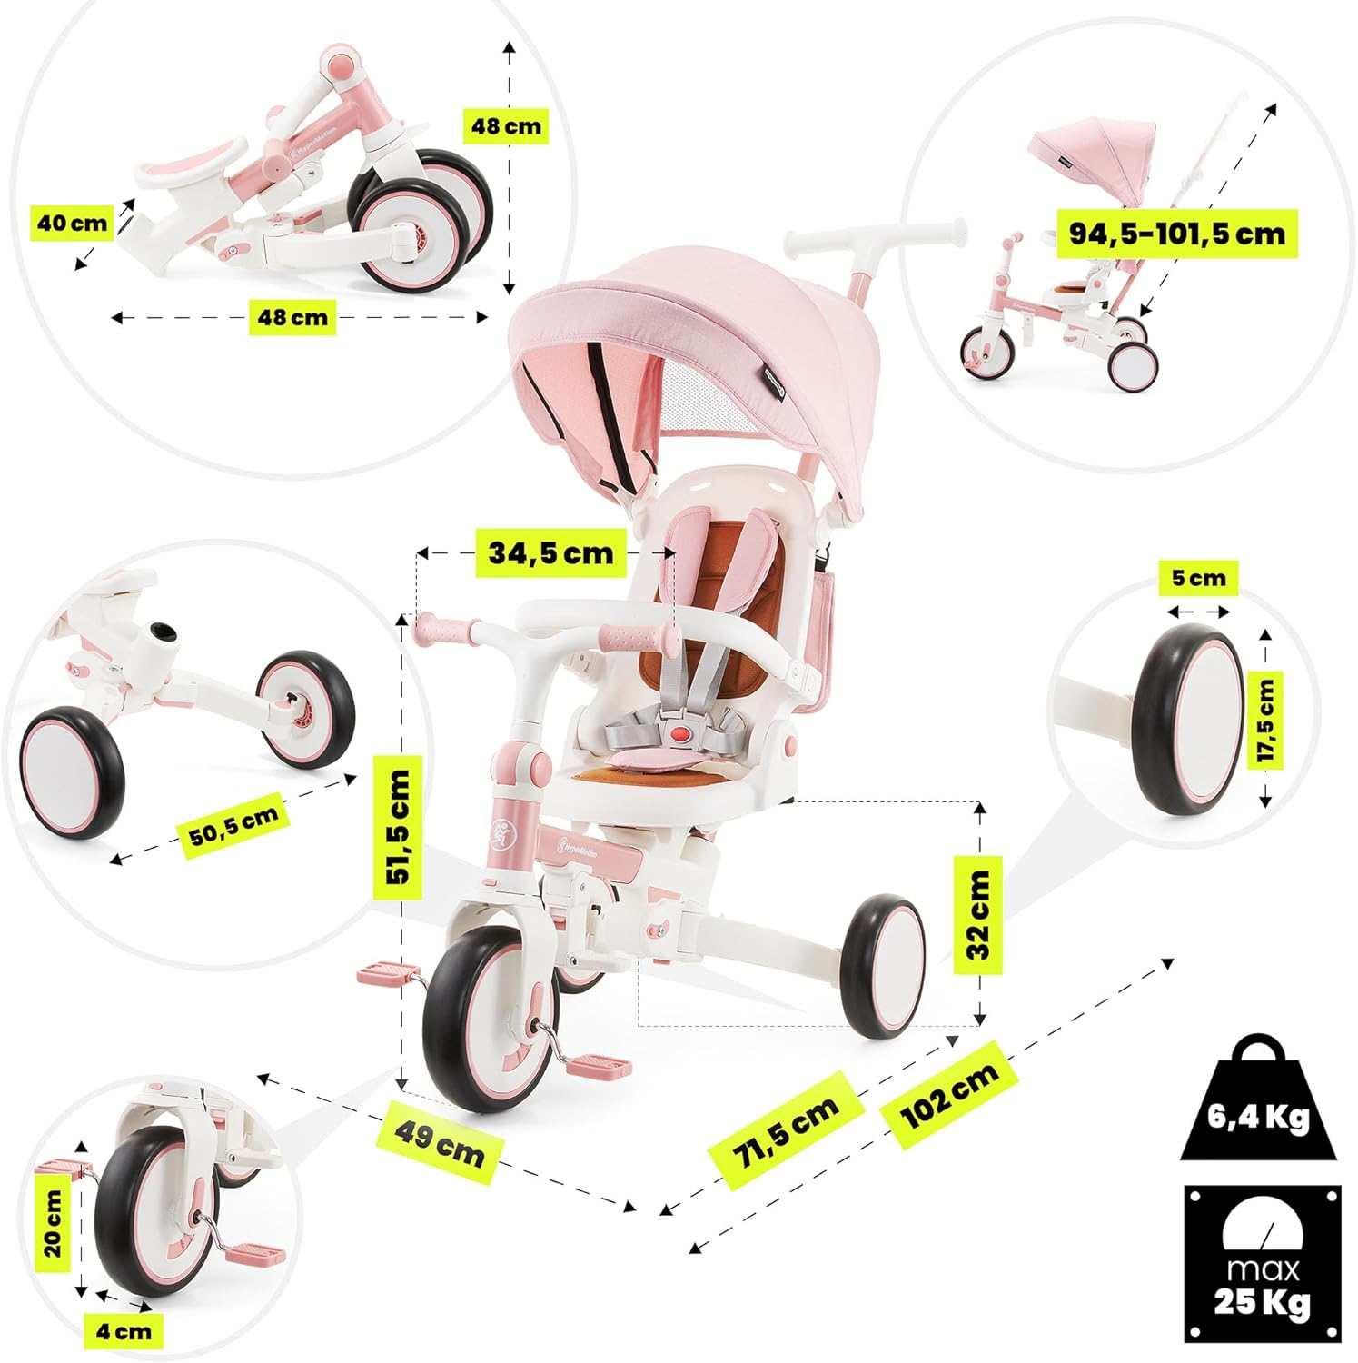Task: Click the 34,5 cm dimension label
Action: (x=550, y=552)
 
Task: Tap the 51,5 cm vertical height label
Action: (x=400, y=827)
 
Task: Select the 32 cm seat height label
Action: (x=978, y=915)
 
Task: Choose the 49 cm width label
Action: (x=440, y=1146)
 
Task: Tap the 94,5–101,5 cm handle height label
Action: (x=1177, y=234)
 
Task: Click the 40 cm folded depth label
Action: (x=72, y=223)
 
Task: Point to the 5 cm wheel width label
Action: (x=1198, y=578)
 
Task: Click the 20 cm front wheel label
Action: (x=53, y=1223)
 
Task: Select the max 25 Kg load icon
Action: (x=1262, y=1264)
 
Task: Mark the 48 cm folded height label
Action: (x=506, y=125)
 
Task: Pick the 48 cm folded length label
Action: (x=292, y=317)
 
